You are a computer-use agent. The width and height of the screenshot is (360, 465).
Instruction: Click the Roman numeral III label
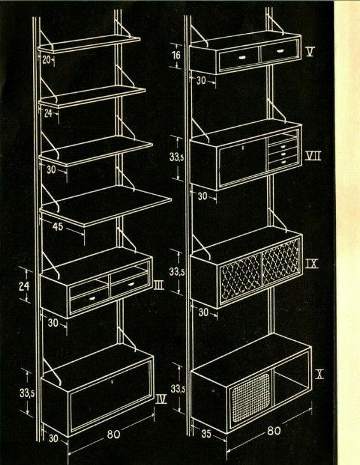click(159, 286)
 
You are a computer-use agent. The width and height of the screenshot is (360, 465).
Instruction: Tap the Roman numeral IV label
click(161, 399)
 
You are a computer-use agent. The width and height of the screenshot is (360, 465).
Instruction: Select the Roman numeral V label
click(310, 52)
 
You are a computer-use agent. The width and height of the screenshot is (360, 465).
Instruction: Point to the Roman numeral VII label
click(313, 155)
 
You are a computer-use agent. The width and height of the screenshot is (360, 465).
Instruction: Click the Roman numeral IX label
click(312, 263)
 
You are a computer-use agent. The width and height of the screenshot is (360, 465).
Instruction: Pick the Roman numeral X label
click(319, 375)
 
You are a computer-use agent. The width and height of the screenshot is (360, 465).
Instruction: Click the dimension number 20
click(46, 60)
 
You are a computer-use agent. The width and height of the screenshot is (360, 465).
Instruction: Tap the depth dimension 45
click(57, 226)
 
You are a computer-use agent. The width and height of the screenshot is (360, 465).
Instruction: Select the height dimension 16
click(176, 55)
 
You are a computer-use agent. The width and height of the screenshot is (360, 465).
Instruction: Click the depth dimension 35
click(206, 434)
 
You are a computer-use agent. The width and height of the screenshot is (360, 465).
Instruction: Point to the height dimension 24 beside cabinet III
click(24, 287)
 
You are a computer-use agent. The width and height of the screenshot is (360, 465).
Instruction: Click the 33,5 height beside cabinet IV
click(27, 393)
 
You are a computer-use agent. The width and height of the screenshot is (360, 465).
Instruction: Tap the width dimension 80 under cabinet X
click(273, 430)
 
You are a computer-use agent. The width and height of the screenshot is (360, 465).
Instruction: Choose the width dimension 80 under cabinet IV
click(114, 434)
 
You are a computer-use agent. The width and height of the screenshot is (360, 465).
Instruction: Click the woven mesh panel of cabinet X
click(251, 398)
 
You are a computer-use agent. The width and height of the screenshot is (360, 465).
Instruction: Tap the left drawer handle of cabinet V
click(242, 57)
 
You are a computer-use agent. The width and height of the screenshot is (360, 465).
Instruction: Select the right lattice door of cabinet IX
click(280, 261)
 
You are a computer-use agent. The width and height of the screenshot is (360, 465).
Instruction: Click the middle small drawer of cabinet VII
click(282, 154)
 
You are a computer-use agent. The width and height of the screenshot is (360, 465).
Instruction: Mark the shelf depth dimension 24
click(48, 113)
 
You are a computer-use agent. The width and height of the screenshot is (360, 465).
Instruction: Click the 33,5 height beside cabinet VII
click(176, 158)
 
